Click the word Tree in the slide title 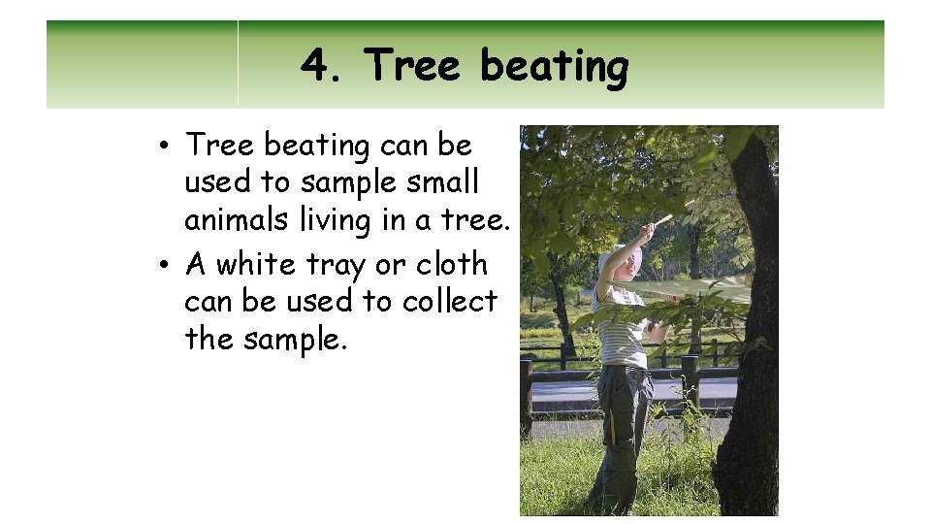[415, 67]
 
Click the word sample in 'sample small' [341, 183]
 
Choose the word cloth [451, 264]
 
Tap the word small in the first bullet [444, 182]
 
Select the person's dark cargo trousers [621, 427]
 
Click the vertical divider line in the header [238, 62]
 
